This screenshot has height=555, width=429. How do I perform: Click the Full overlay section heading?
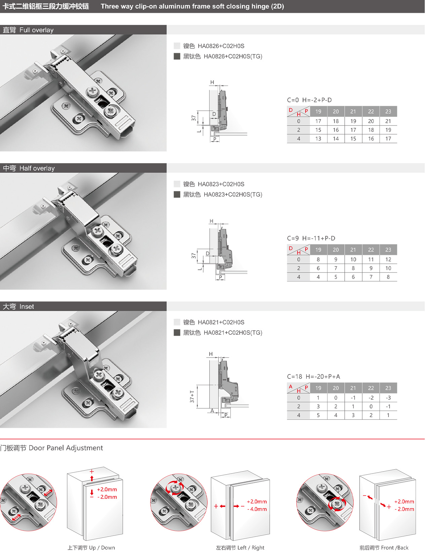28,30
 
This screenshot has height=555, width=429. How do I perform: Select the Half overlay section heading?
29,168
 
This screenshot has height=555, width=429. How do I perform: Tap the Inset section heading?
18,306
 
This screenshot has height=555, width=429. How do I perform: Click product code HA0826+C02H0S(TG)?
233,57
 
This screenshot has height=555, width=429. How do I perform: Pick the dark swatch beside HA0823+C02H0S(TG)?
177,195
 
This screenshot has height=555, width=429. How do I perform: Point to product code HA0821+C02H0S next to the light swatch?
221,322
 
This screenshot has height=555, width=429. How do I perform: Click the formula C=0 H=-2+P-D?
309,100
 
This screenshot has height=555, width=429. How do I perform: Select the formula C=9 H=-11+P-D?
311,238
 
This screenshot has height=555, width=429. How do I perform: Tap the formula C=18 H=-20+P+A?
314,376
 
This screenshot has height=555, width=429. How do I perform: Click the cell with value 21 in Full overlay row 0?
388,121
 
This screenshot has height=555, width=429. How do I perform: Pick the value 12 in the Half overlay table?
388,259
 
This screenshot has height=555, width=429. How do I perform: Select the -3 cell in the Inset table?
388,398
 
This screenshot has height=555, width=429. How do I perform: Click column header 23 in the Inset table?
388,388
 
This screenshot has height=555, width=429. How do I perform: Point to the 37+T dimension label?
192,397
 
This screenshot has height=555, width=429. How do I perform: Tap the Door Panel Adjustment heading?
51,448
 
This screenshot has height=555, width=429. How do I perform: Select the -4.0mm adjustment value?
257,509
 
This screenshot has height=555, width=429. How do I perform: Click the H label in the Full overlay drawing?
212,82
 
